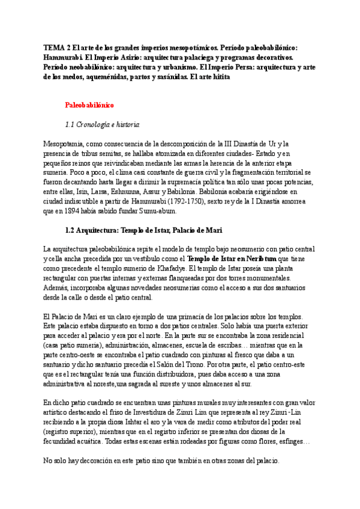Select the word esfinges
[287, 442]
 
